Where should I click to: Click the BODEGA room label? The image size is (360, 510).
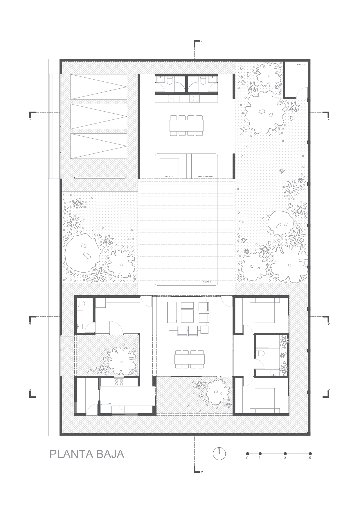point(301,65)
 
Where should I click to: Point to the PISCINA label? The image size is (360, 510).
point(206,282)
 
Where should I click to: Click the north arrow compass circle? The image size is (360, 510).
point(219,453)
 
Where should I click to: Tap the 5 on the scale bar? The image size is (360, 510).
point(310,458)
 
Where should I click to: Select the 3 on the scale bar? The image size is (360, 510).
point(285,458)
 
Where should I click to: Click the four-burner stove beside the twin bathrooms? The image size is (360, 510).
point(195,99)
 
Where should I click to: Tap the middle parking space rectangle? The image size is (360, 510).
point(99,117)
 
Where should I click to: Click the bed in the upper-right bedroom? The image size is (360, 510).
point(264,312)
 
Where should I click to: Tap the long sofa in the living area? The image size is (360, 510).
point(172,312)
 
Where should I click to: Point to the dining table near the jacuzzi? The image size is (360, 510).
point(186,125)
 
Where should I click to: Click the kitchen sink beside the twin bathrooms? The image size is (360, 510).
point(171,99)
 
